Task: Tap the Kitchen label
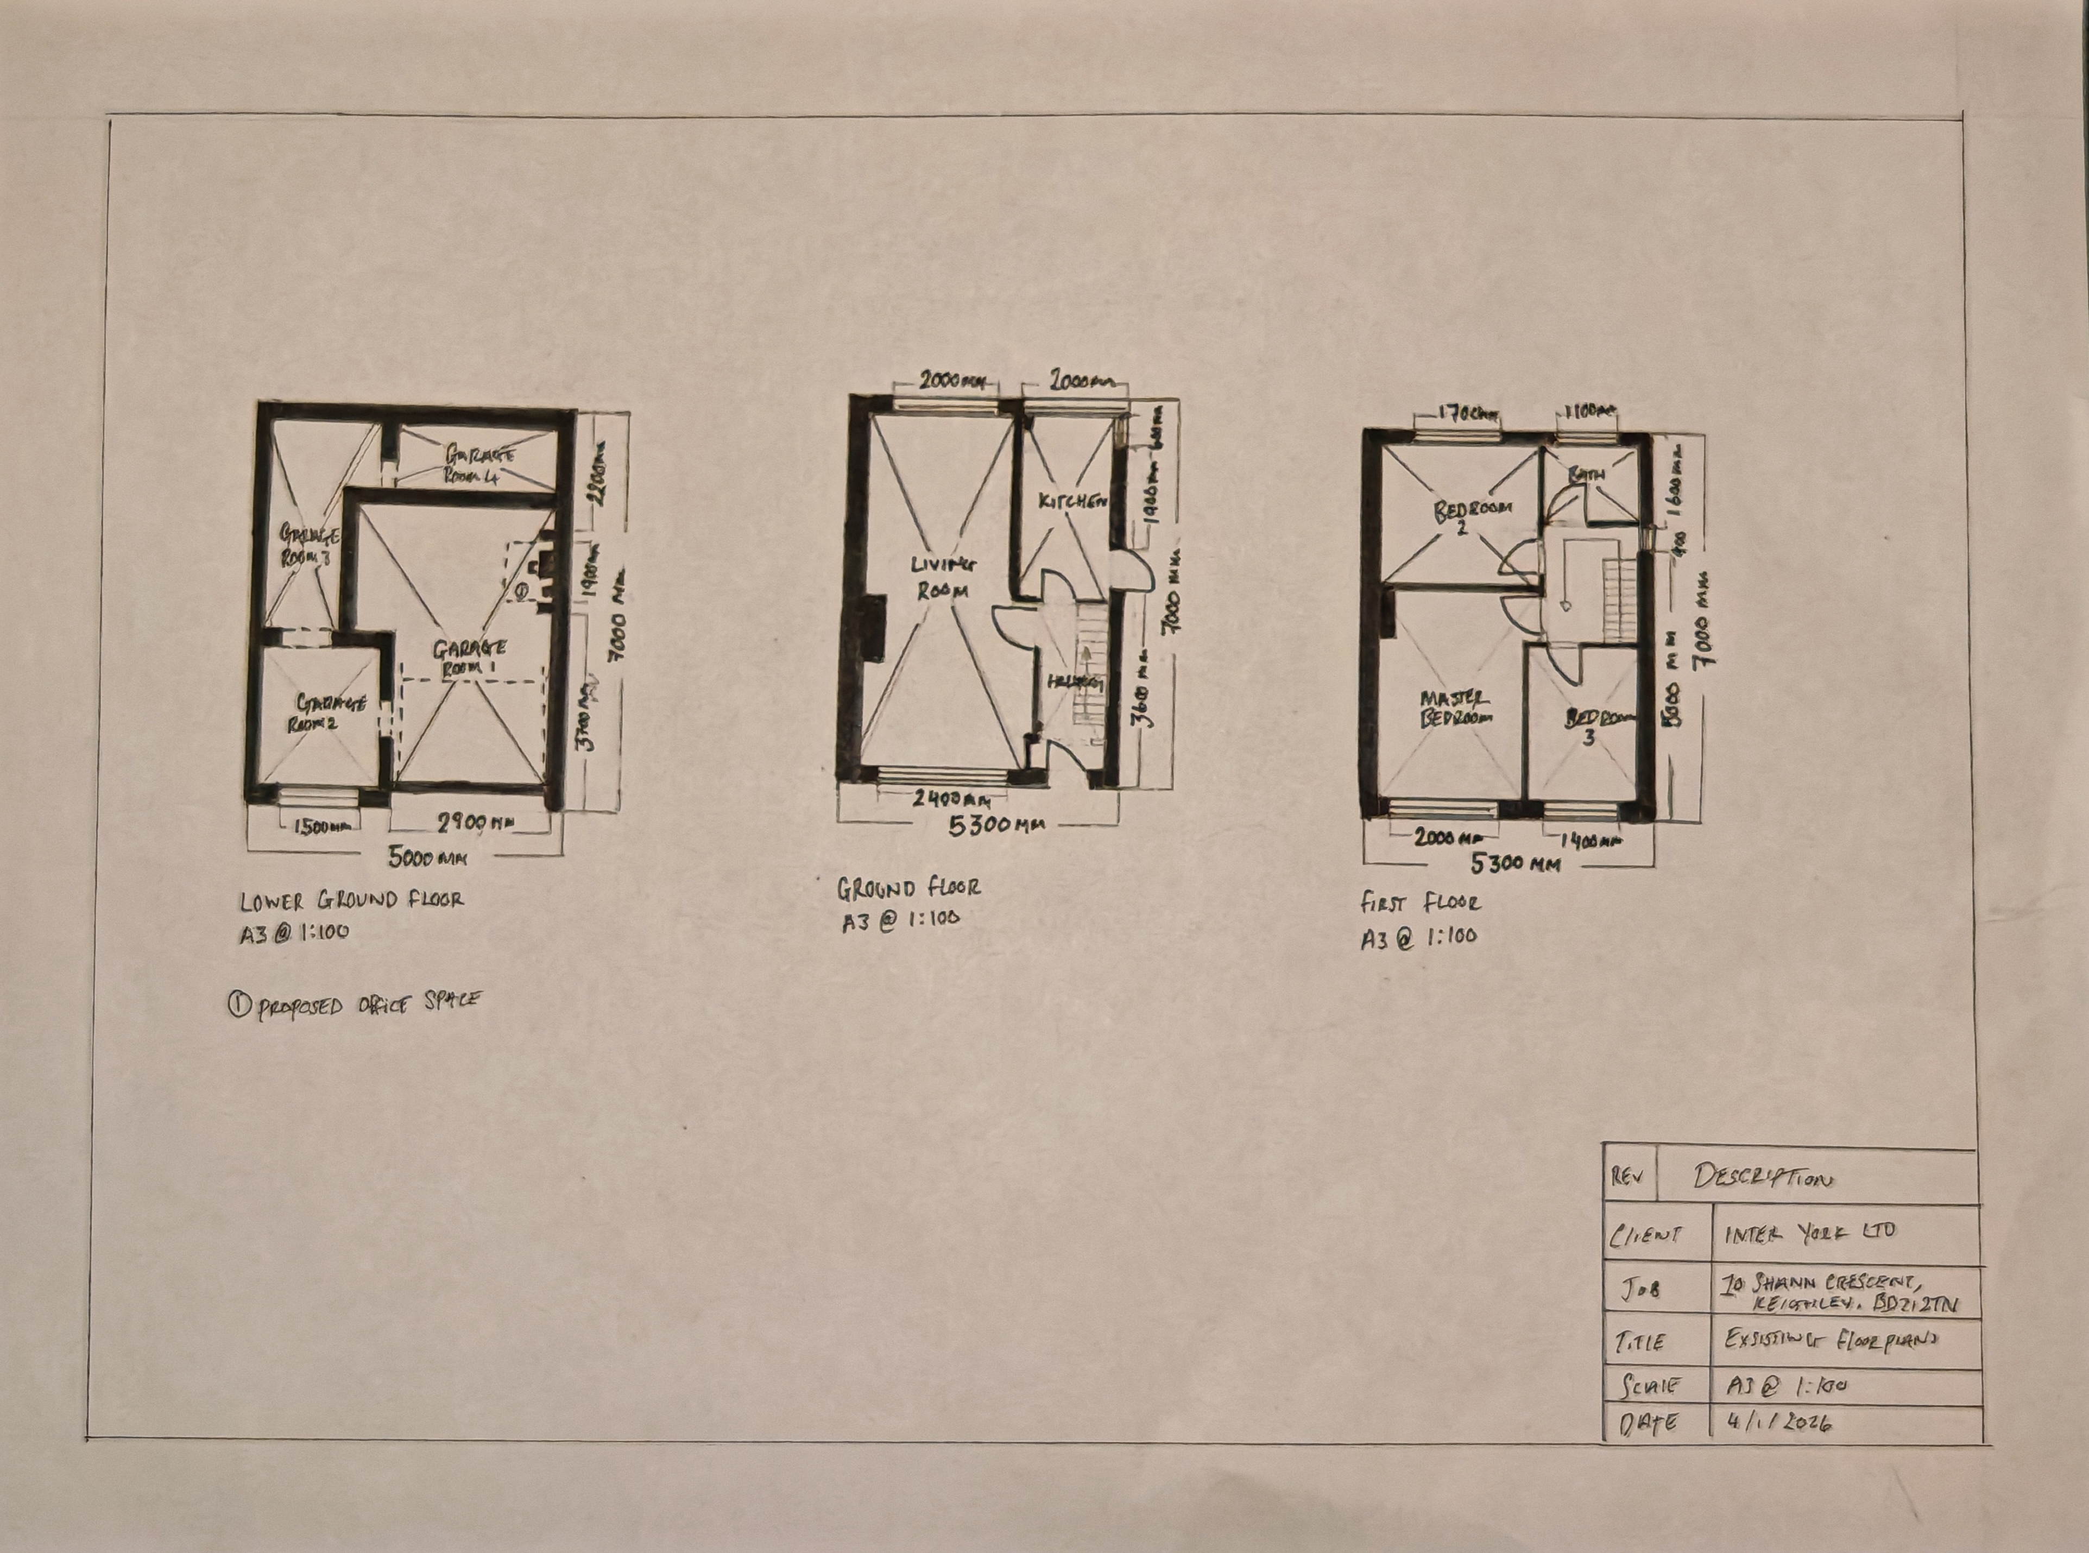1069,502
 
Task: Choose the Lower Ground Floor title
351,900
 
